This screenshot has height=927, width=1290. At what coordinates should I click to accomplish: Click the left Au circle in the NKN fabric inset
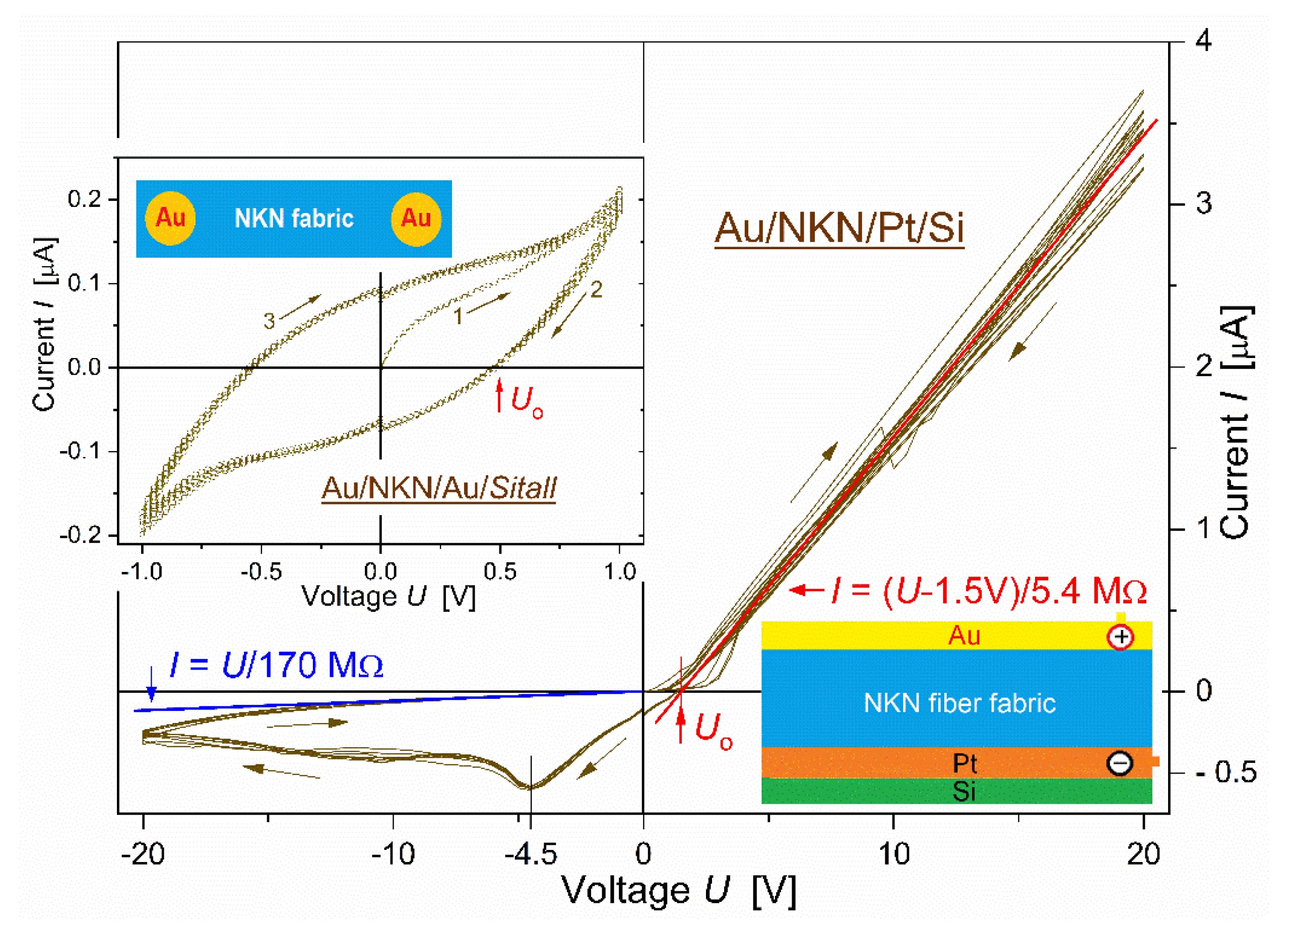coord(170,218)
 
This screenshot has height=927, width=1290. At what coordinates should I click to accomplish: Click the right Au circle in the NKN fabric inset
coord(416,218)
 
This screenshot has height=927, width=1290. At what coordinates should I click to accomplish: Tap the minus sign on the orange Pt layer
coord(1119,763)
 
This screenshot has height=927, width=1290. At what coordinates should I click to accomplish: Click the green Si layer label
coord(963,792)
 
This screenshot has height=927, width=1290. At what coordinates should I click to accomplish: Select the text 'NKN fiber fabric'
coord(959,703)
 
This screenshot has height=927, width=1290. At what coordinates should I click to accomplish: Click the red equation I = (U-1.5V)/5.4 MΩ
coord(989,591)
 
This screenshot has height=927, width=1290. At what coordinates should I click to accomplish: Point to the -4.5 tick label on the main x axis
coord(531,853)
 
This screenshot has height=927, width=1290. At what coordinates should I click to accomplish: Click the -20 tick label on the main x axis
coord(143,853)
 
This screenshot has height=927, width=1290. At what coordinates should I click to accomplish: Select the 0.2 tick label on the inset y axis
coord(84,199)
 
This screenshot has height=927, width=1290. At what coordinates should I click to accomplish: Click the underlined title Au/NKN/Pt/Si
coord(839,229)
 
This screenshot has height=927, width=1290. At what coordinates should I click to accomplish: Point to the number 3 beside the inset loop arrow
coord(269,321)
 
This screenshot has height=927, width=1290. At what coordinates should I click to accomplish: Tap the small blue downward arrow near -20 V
coord(151,685)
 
